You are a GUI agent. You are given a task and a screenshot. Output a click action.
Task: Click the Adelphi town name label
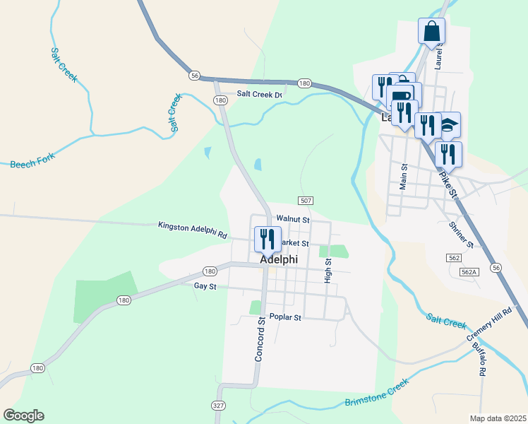[x=279, y=259]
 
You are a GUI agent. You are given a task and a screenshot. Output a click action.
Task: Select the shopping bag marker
[x=431, y=32]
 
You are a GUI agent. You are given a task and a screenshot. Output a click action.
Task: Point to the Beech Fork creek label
[x=32, y=160]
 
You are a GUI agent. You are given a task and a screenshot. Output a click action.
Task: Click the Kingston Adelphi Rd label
[x=192, y=225]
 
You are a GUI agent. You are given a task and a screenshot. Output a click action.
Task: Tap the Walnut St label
[x=293, y=220]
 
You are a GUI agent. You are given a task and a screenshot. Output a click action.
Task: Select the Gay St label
[x=204, y=285]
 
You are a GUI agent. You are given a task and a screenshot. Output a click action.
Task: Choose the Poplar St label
[x=285, y=317]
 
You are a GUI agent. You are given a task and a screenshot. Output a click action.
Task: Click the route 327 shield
[x=218, y=405]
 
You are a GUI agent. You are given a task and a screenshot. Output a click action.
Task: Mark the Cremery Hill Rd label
[x=487, y=324]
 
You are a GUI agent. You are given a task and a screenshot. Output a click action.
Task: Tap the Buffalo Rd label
[x=479, y=360]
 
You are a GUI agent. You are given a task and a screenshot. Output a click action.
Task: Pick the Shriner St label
[x=462, y=234]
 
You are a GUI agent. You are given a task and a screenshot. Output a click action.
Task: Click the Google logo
[x=23, y=415]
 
